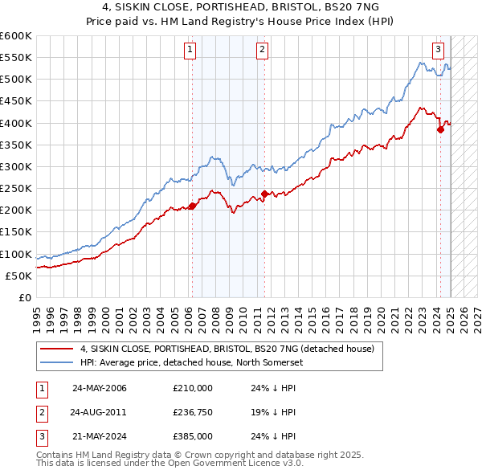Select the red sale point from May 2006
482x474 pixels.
pyautogui.click(x=192, y=206)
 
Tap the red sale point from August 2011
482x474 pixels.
pyautogui.click(x=264, y=194)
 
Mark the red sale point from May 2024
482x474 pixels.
pyautogui.click(x=440, y=129)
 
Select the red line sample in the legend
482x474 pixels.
pyautogui.click(x=57, y=349)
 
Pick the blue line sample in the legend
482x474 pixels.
pyautogui.click(x=57, y=362)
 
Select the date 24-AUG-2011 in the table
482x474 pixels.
pyautogui.click(x=100, y=413)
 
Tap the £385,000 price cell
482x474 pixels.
pyautogui.click(x=192, y=437)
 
